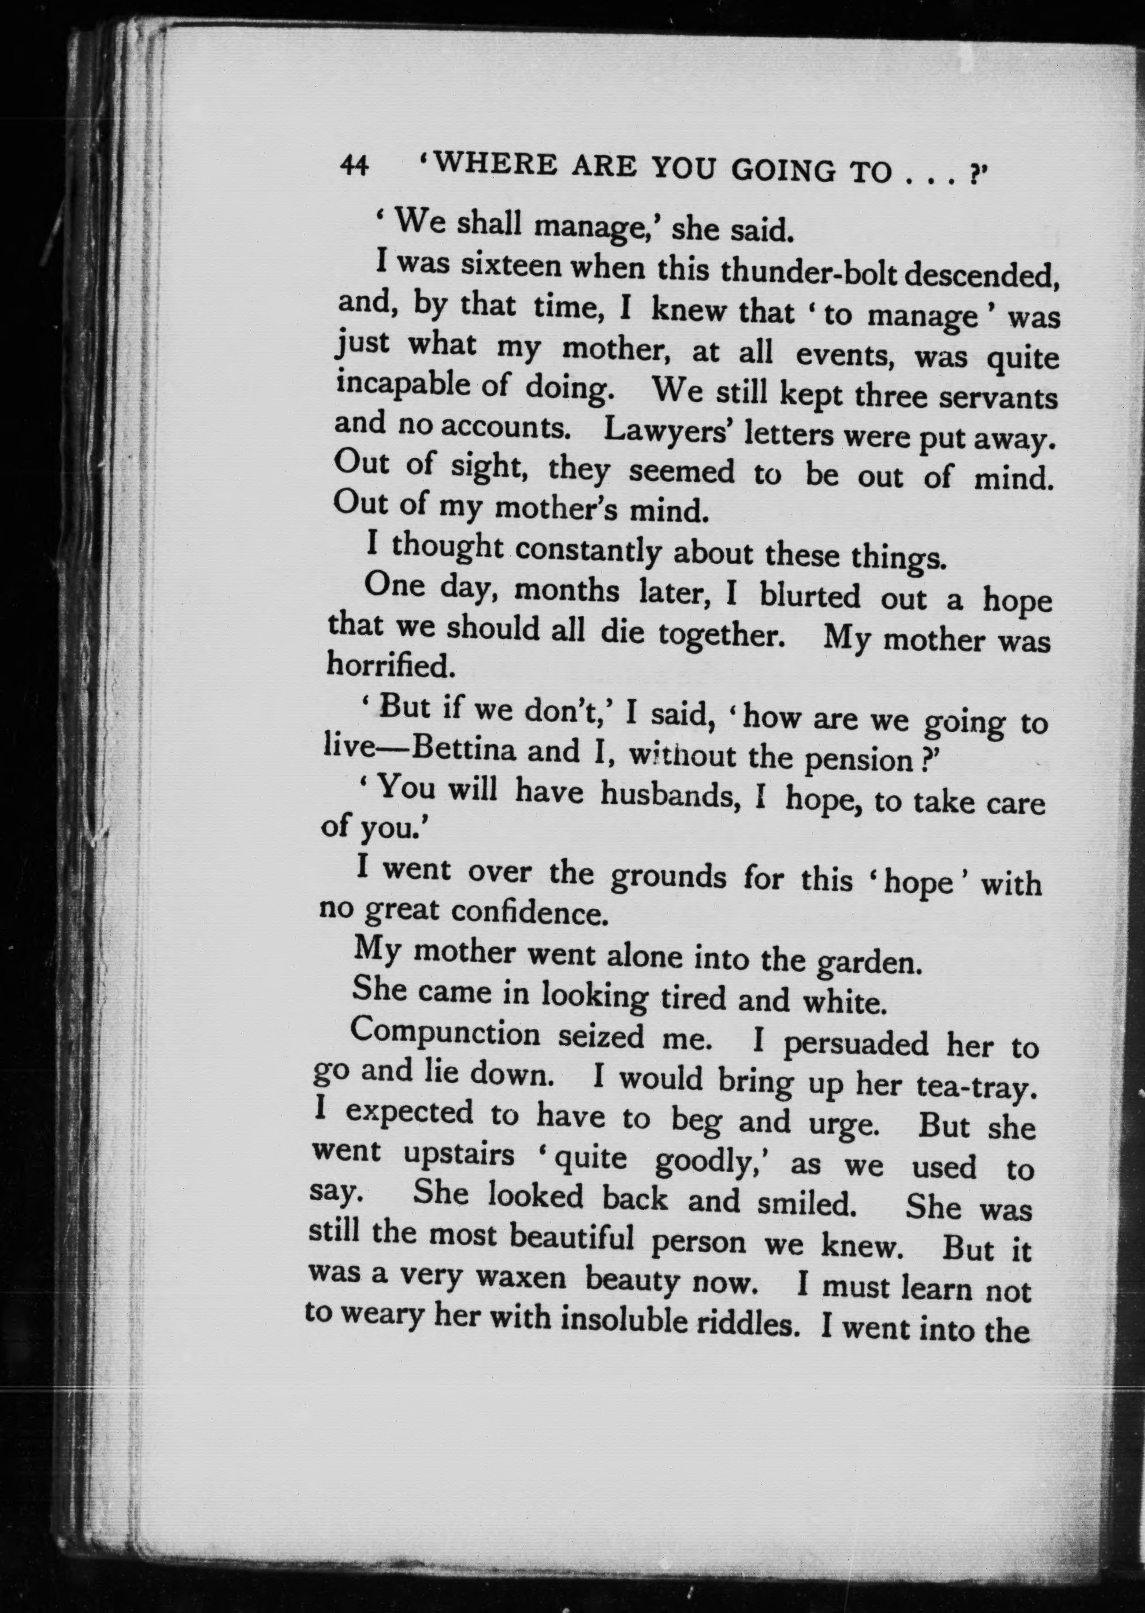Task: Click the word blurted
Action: coord(809,597)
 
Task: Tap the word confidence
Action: coord(529,912)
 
